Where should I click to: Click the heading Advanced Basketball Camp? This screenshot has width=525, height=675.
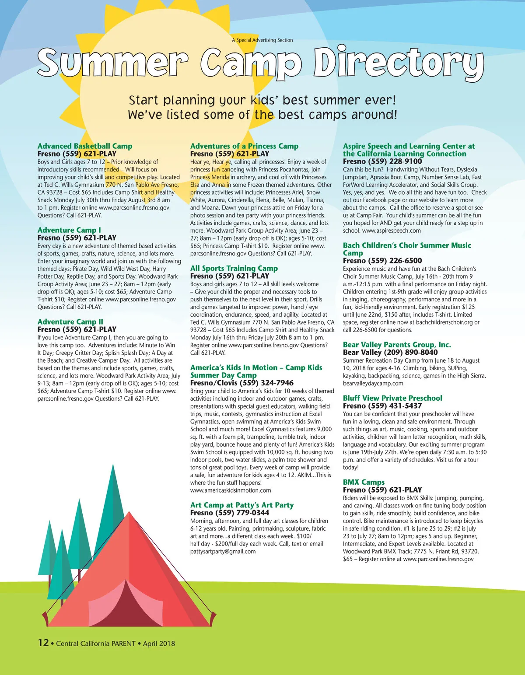click(85, 146)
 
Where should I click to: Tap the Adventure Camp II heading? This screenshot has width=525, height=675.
click(70, 322)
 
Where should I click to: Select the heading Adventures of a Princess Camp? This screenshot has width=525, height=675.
click(244, 146)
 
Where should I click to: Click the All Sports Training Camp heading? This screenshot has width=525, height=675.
click(234, 268)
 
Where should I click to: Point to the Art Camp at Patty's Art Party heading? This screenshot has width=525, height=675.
click(242, 505)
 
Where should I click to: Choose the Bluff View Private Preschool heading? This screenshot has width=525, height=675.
click(392, 398)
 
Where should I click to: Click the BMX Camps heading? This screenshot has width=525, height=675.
click(364, 482)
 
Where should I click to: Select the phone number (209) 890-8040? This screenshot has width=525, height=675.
click(411, 352)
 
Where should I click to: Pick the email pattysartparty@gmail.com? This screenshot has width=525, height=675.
click(223, 552)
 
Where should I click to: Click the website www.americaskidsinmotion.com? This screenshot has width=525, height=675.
click(231, 490)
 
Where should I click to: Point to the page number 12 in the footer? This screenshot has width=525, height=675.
click(43, 643)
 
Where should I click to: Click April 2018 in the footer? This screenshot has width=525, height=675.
click(159, 644)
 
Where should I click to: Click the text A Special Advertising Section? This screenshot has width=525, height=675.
click(262, 40)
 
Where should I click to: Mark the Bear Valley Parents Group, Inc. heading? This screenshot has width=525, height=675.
click(397, 345)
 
